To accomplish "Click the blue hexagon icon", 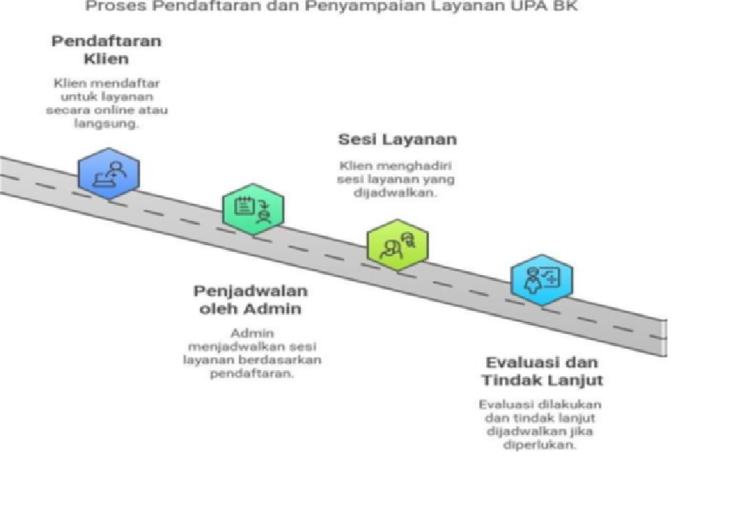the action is [109, 174].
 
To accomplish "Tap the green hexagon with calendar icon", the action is [253, 209].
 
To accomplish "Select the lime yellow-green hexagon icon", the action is [398, 245].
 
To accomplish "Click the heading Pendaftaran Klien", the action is [106, 50].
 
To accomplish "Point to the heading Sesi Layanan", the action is [397, 140].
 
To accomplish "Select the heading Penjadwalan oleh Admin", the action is [251, 300].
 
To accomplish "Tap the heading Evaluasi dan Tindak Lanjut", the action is [543, 372].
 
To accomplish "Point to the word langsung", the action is [106, 124].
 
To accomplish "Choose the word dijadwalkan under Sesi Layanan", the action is [394, 192].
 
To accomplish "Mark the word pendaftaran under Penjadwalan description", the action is [251, 373].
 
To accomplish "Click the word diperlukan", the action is [539, 445].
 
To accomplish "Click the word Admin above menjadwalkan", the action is [252, 333].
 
